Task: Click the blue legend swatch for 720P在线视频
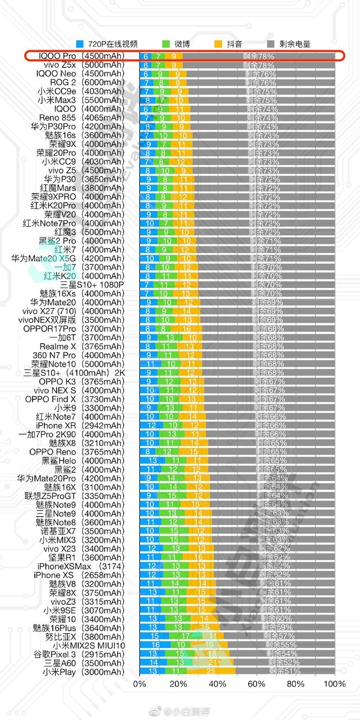[80, 44]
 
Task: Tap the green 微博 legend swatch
[166, 44]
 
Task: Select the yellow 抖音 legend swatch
[219, 44]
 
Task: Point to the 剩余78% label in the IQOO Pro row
[259, 56]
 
